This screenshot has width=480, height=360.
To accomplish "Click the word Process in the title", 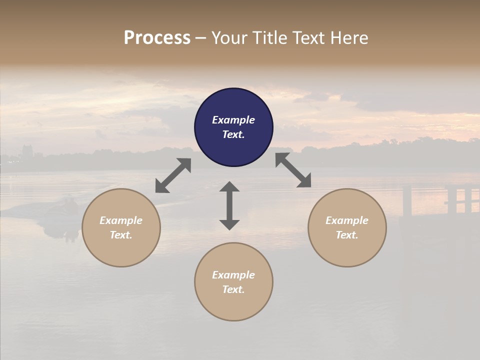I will [x=157, y=38].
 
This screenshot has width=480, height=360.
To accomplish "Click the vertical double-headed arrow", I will [x=229, y=205].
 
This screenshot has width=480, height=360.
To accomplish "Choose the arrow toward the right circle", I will [x=293, y=170].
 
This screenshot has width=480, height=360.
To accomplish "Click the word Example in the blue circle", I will [x=233, y=120].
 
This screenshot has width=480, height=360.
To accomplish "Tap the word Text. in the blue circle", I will [x=233, y=134].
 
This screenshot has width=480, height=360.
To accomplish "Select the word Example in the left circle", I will [x=121, y=220].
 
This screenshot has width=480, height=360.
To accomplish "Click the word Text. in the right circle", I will [x=347, y=235].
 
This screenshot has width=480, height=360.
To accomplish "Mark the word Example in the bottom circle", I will [x=233, y=275].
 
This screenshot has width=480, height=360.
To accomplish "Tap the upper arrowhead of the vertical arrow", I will [x=229, y=186].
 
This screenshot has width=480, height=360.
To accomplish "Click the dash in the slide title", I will [x=201, y=38].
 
